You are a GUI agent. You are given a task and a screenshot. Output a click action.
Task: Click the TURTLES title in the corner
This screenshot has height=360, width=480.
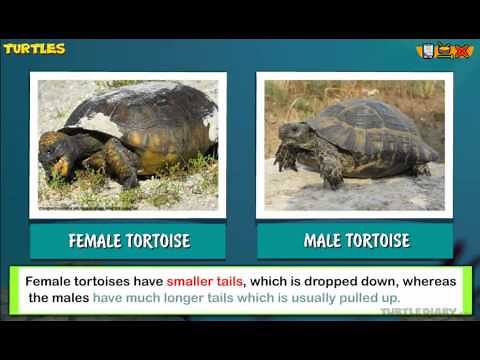tap(34, 48)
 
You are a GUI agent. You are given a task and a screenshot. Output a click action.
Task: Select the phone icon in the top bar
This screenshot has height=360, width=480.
tap(427, 50)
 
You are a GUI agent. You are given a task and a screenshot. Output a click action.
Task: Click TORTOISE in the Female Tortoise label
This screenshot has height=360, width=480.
tap(157, 241)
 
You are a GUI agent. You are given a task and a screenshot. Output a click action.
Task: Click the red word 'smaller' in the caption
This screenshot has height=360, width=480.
tap(194, 281)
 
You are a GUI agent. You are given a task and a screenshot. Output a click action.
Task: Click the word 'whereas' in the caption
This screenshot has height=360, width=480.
tap(431, 281)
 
